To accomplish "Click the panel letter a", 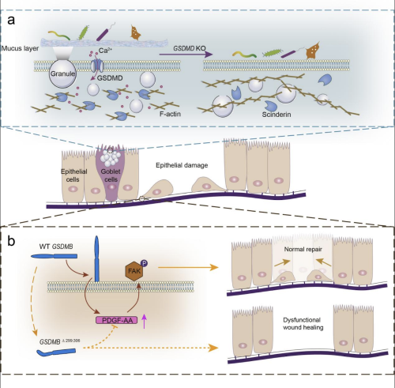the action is coord(11,20).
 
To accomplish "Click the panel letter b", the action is coord(11,241).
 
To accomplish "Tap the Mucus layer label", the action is coord(20,48).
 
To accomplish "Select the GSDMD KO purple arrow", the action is coord(186,55).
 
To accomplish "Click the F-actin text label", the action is coord(170,114).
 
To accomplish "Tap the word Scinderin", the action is coord(276,115).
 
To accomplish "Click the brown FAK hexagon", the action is coord(134,271).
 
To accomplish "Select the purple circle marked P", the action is coord(144,262).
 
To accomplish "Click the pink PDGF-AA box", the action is coord(116,320).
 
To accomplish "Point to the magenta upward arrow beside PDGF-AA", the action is coord(144,321).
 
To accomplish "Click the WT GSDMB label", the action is coord(56,247).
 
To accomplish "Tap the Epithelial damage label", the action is coord(182,165).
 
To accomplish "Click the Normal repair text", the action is coord(303,249).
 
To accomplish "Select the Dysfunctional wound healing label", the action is coord(303,323).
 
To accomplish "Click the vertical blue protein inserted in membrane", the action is coord(96,259).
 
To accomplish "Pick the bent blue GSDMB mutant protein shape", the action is coord(56,352).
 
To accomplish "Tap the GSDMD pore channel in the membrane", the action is coord(97,66).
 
